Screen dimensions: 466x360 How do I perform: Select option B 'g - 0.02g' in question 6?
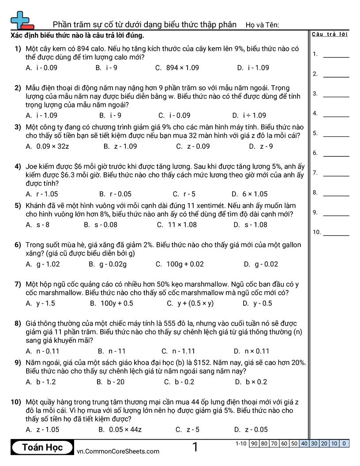(108, 264)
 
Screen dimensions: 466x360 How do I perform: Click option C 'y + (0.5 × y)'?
(190, 304)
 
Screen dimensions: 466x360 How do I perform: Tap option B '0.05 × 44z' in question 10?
(120, 430)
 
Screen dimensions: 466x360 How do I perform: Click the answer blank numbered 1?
(336, 56)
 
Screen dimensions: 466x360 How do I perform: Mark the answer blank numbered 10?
(336, 233)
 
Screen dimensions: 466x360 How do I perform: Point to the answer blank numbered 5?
(336, 135)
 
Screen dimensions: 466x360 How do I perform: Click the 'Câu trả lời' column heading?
(330, 34)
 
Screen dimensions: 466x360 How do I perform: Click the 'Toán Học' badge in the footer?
(42, 447)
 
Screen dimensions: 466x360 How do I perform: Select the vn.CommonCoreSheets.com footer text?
(118, 451)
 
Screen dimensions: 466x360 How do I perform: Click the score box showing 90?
(254, 443)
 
